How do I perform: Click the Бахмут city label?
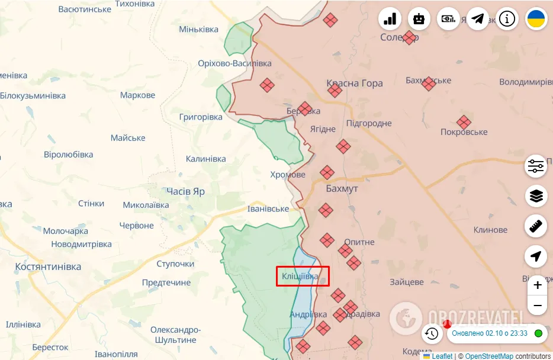tap(342, 188)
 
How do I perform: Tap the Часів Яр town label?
tap(186, 192)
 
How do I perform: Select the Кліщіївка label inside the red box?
tap(300, 277)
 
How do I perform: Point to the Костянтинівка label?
tap(48, 267)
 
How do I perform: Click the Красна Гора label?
tap(355, 83)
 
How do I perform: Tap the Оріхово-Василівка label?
tap(235, 63)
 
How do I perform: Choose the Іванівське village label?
tap(268, 209)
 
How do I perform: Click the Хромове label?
tap(288, 175)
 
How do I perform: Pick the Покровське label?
tap(464, 132)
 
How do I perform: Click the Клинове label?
tap(490, 230)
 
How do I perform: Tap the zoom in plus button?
tap(537, 285)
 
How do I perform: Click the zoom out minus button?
tap(537, 306)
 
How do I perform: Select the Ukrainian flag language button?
tap(536, 18)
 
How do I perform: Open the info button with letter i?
tap(507, 18)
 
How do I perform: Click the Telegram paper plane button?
tap(478, 18)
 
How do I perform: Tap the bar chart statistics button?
tap(390, 18)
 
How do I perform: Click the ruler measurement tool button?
tap(536, 226)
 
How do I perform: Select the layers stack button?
tap(536, 195)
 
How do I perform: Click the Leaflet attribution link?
tap(441, 356)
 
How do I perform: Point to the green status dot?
tap(538, 333)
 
